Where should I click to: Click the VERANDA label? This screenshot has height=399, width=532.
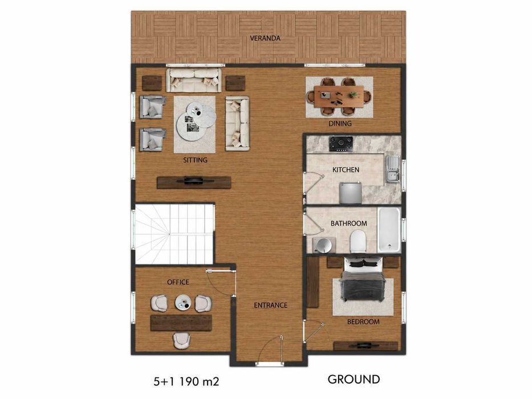tap(265, 38)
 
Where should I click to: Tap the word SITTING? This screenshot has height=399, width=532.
tap(195, 160)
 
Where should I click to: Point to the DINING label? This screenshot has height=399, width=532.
tap(340, 124)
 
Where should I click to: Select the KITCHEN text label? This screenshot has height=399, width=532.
tap(346, 170)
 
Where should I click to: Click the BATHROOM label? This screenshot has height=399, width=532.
tap(349, 223)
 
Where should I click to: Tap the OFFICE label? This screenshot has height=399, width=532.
tap(178, 282)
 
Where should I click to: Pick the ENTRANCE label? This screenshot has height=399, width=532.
tap(270, 306)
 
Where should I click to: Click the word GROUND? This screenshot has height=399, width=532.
tap(354, 379)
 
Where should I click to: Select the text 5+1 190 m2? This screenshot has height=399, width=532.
tap(186, 382)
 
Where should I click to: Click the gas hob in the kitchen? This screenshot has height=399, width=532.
tap(341, 144)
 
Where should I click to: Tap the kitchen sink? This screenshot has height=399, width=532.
tap(392, 169)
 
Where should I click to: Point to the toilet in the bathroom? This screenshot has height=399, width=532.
tap(358, 241)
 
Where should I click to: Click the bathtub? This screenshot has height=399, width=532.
tap(389, 230)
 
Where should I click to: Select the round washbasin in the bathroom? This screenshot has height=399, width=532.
tap(323, 245)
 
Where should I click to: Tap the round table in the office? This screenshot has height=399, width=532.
tap(183, 303)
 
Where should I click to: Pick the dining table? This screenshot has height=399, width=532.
tap(339, 96)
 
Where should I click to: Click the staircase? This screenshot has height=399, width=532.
tap(174, 234)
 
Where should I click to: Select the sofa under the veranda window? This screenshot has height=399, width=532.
tap(194, 80)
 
